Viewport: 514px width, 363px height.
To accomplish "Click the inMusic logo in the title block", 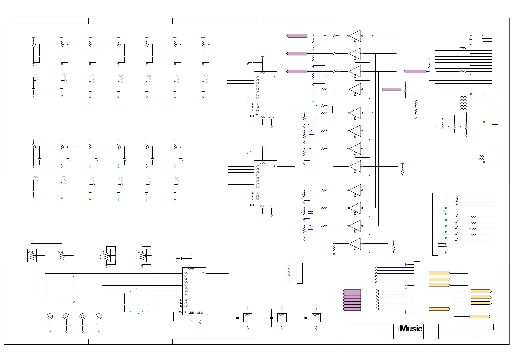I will tap(408, 328).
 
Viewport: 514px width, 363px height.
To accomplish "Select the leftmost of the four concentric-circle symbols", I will tap(50, 316).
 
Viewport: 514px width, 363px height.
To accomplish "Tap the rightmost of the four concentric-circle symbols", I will tap(99, 316).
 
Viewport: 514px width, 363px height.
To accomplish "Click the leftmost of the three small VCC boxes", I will tap(248, 318).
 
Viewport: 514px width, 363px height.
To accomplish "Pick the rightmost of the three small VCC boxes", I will tap(316, 318).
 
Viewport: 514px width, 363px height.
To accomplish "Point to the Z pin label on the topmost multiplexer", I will tap(274, 77).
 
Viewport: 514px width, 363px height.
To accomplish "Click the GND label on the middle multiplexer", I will tap(271, 206).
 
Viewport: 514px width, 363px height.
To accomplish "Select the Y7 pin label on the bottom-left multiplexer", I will tap(186, 294).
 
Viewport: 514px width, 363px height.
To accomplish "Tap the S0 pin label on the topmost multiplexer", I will tap(257, 104).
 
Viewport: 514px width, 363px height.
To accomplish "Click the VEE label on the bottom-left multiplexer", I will tap(191, 313).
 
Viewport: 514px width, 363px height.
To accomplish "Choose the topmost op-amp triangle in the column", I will tap(355, 36).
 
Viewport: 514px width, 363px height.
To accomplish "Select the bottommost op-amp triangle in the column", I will tap(355, 244).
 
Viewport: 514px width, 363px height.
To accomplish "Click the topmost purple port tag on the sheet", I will tap(297, 36).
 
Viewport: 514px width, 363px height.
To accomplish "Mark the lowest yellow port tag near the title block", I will tap(480, 316).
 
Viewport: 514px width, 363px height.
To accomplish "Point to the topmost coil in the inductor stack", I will tap(463, 98).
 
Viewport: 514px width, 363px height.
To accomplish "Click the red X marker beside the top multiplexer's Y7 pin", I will tap(248, 98).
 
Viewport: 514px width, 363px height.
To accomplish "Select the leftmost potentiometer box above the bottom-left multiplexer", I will tap(32, 256).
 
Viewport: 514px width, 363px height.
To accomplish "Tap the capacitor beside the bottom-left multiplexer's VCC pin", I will tap(181, 258).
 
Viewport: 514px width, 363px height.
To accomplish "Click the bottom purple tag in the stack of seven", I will tap(352, 309).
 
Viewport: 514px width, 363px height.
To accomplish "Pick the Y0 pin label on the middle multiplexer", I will tap(257, 166).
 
